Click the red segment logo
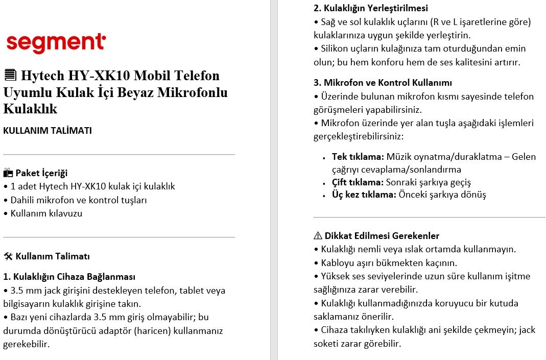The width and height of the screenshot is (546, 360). point(56,43)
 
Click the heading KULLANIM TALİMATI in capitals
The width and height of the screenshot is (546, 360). point(48,130)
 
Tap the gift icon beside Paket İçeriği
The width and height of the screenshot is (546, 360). point(8,173)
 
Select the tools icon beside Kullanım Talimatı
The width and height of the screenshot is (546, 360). point(8,256)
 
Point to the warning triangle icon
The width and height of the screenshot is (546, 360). point(318,236)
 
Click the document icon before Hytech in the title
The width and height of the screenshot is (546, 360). point(9,76)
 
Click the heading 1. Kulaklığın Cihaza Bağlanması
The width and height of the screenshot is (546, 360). point(69,277)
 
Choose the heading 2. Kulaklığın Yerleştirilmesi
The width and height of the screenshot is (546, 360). point(370,8)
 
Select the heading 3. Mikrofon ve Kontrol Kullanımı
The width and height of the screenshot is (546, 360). point(383,83)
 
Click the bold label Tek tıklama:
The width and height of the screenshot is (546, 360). point(358,156)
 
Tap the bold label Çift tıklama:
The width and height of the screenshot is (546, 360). point(358,182)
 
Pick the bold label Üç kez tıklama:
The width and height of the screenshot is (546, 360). point(364,195)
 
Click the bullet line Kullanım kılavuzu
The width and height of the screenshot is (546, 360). point(46,213)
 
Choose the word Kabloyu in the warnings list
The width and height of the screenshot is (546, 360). point(337,263)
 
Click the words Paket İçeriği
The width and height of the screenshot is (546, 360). point(41,173)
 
